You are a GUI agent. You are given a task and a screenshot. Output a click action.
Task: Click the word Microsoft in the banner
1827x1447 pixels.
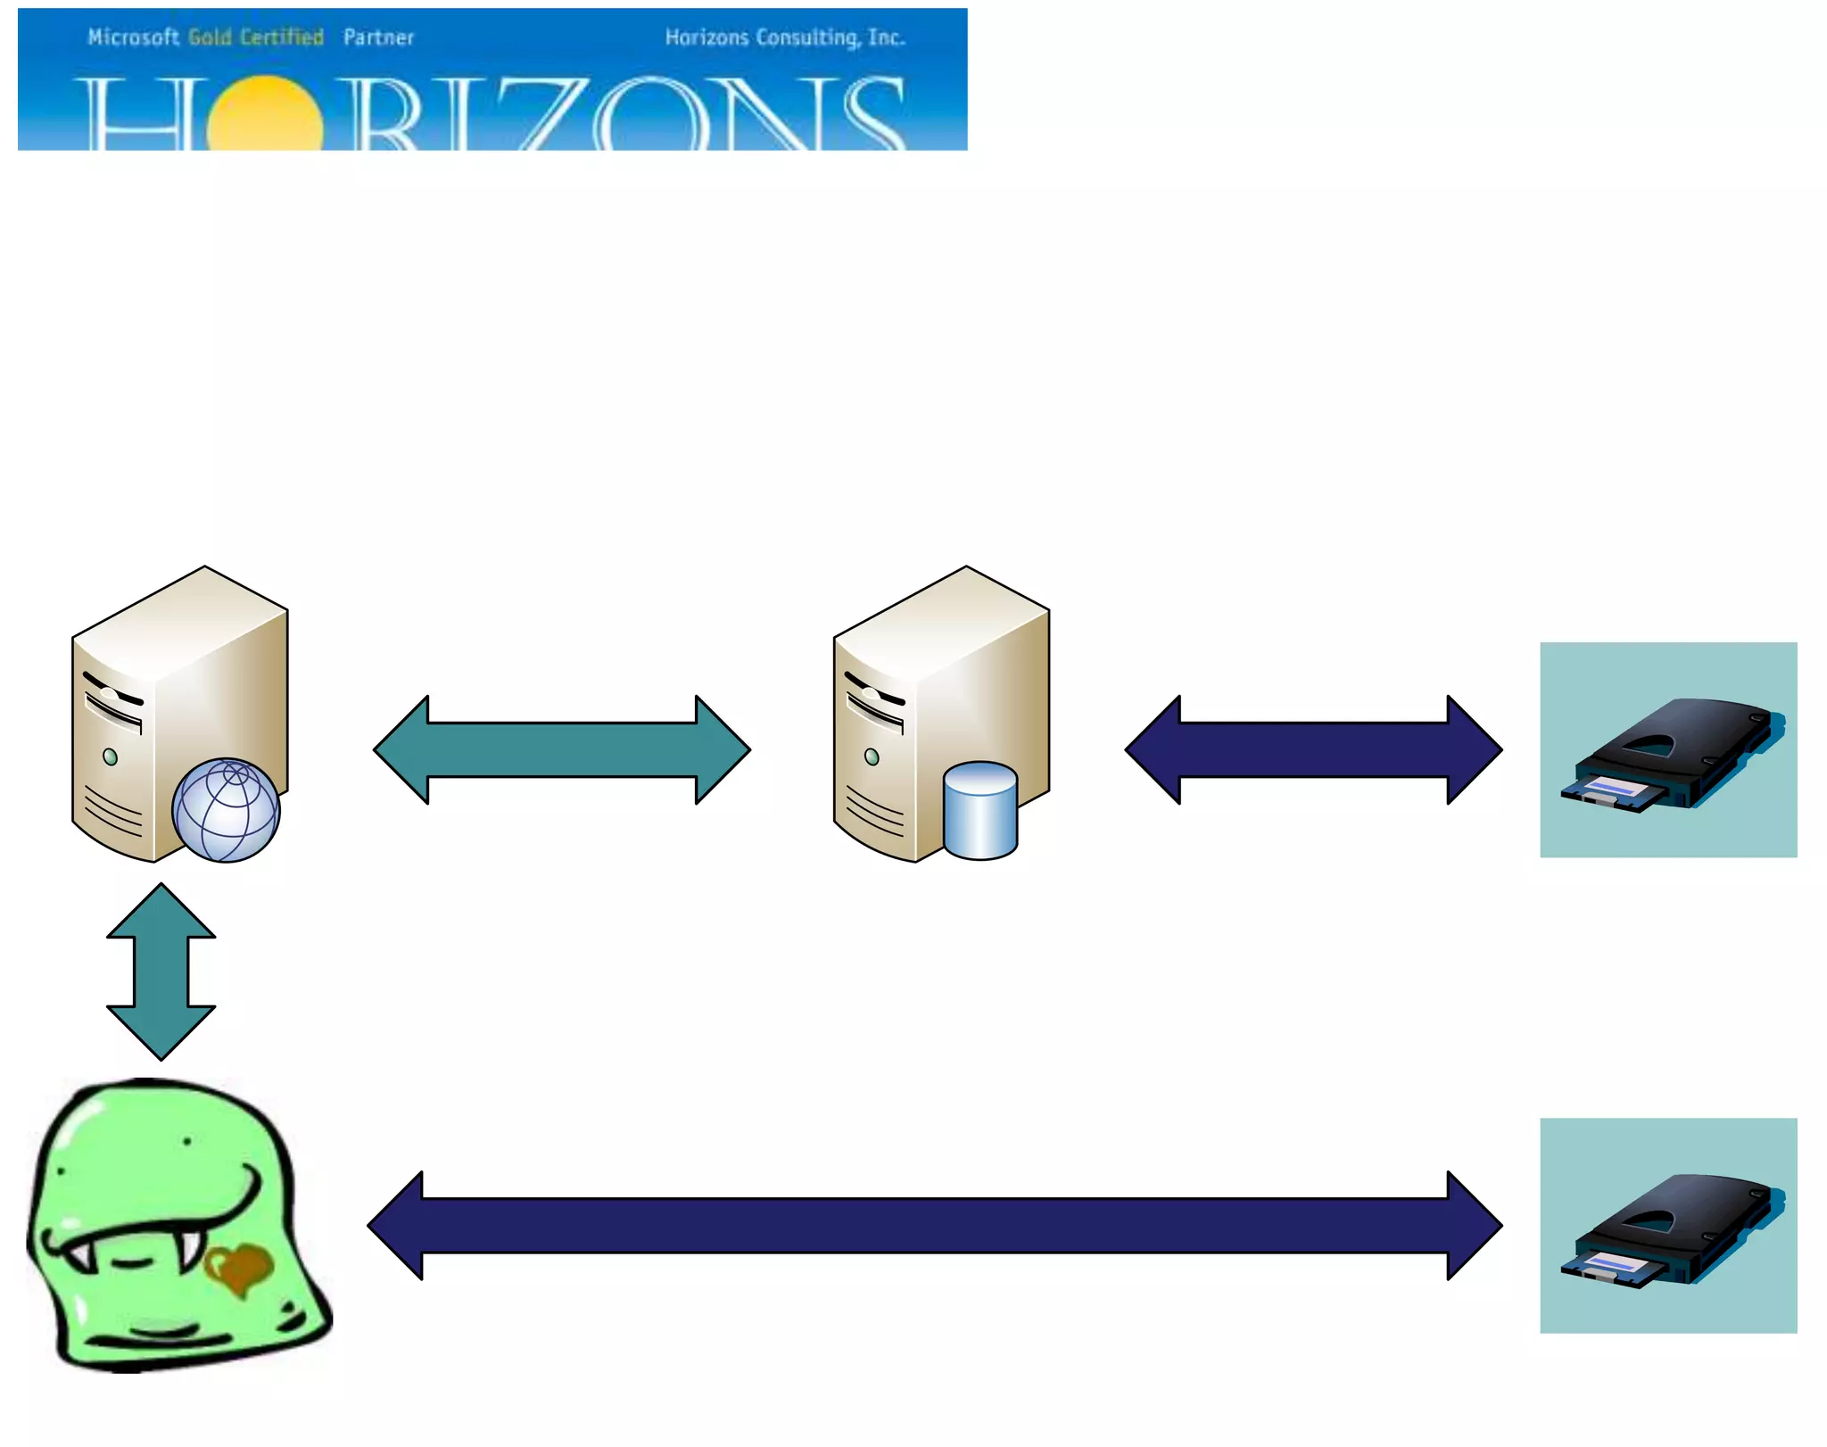133,37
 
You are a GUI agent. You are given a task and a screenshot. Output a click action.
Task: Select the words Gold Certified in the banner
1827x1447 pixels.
256,37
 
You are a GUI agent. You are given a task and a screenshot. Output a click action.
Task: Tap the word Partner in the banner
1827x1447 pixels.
378,37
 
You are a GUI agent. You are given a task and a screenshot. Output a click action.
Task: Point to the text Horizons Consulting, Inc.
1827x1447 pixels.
785,37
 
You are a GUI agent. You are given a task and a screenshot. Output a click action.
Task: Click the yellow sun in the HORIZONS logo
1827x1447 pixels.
265,116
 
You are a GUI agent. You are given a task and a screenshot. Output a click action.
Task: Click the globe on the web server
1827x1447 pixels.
226,810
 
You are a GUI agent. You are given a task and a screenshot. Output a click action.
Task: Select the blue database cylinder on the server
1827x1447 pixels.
980,810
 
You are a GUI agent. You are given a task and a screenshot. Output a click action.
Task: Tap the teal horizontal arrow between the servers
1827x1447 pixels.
562,750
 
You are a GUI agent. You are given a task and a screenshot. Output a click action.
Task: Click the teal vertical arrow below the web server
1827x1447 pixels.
161,972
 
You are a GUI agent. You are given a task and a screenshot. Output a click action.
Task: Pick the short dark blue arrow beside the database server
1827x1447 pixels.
1313,750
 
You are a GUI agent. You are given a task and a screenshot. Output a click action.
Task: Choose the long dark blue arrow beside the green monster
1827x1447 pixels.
934,1226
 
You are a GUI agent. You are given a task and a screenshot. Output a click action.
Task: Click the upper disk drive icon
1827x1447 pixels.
1668,750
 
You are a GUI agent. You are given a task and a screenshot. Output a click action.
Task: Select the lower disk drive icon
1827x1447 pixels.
1668,1226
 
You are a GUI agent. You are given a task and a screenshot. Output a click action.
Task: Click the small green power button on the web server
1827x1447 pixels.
110,757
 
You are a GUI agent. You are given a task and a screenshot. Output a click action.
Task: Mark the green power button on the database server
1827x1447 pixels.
872,757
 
